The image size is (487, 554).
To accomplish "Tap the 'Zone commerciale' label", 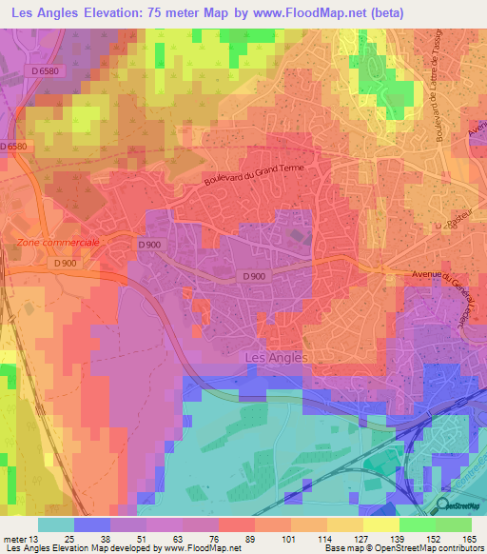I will (x=59, y=242).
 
